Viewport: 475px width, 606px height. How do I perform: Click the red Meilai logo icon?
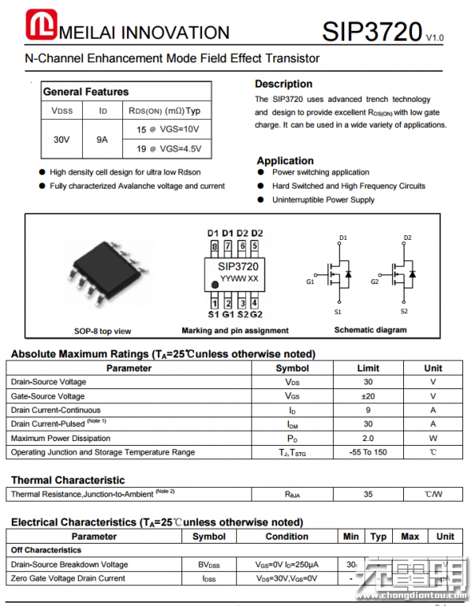(39, 26)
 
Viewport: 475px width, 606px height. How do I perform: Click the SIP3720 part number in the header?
(372, 32)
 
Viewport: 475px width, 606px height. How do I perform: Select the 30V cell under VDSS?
(62, 139)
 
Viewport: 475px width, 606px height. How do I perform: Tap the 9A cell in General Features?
(103, 139)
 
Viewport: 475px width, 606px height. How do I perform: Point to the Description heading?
(283, 84)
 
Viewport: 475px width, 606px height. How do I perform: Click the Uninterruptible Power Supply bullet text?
(324, 200)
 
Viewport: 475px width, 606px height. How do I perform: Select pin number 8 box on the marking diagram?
(214, 245)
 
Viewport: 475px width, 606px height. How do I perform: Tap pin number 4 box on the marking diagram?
(255, 302)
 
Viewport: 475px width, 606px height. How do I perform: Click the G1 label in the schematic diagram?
(310, 282)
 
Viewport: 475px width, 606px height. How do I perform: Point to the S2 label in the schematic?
(404, 311)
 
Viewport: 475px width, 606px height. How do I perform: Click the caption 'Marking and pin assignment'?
(235, 331)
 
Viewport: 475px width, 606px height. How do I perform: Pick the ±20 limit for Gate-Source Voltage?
(368, 396)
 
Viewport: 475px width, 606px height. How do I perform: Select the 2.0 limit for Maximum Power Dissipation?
(368, 438)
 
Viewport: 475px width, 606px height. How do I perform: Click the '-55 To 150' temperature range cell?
(368, 452)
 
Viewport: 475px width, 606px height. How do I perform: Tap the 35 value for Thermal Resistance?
(368, 494)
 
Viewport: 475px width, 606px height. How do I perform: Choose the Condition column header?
(286, 537)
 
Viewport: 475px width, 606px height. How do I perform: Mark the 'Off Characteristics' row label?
(46, 550)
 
